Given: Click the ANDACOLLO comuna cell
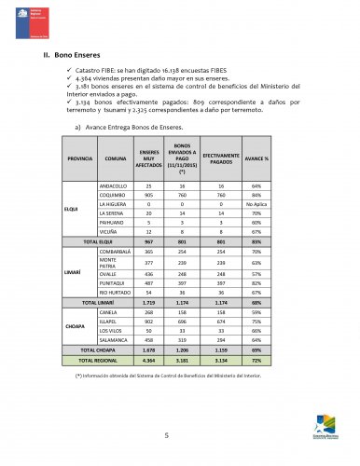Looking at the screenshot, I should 114,186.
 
